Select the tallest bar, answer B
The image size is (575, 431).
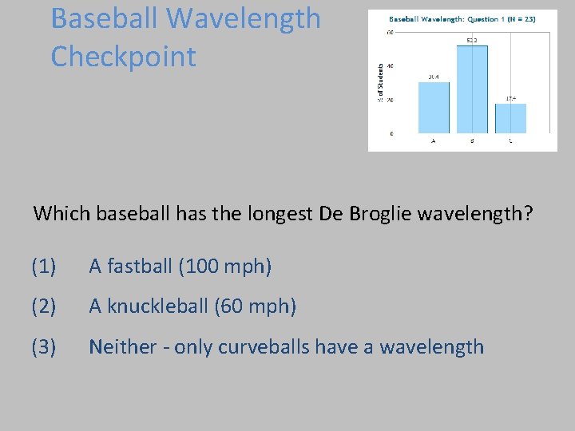(472, 89)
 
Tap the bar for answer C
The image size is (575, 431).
(510, 118)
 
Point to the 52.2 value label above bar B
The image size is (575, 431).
(472, 40)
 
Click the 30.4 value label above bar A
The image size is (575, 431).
(434, 77)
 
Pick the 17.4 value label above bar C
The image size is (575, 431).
(510, 98)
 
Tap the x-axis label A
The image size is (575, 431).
(434, 140)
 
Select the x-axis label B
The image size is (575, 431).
(472, 140)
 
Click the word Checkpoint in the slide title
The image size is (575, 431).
(123, 57)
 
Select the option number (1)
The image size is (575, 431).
(44, 267)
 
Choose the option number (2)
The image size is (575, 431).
(44, 306)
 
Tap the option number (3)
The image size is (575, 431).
(44, 346)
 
